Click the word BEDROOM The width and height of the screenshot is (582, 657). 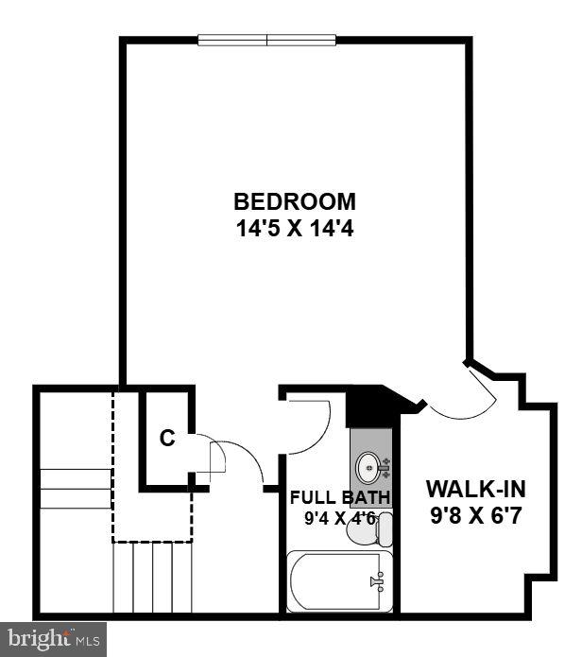(x=295, y=201)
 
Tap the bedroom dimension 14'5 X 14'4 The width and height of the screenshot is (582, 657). (x=295, y=229)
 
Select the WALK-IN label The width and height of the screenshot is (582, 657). (x=475, y=489)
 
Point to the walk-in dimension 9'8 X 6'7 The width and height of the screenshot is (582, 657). (x=475, y=515)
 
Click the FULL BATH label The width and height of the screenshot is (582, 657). (x=340, y=497)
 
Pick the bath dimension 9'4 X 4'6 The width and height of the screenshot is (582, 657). (x=339, y=519)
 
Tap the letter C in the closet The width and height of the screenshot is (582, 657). (x=167, y=439)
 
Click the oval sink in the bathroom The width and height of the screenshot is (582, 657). (x=368, y=467)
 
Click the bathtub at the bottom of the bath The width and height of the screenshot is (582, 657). (x=339, y=581)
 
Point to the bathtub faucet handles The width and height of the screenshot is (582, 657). (x=378, y=581)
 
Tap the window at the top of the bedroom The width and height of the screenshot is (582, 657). (x=267, y=40)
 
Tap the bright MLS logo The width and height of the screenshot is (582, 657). (x=53, y=638)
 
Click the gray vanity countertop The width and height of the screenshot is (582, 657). (x=371, y=468)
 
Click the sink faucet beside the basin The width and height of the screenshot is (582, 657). (x=385, y=467)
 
